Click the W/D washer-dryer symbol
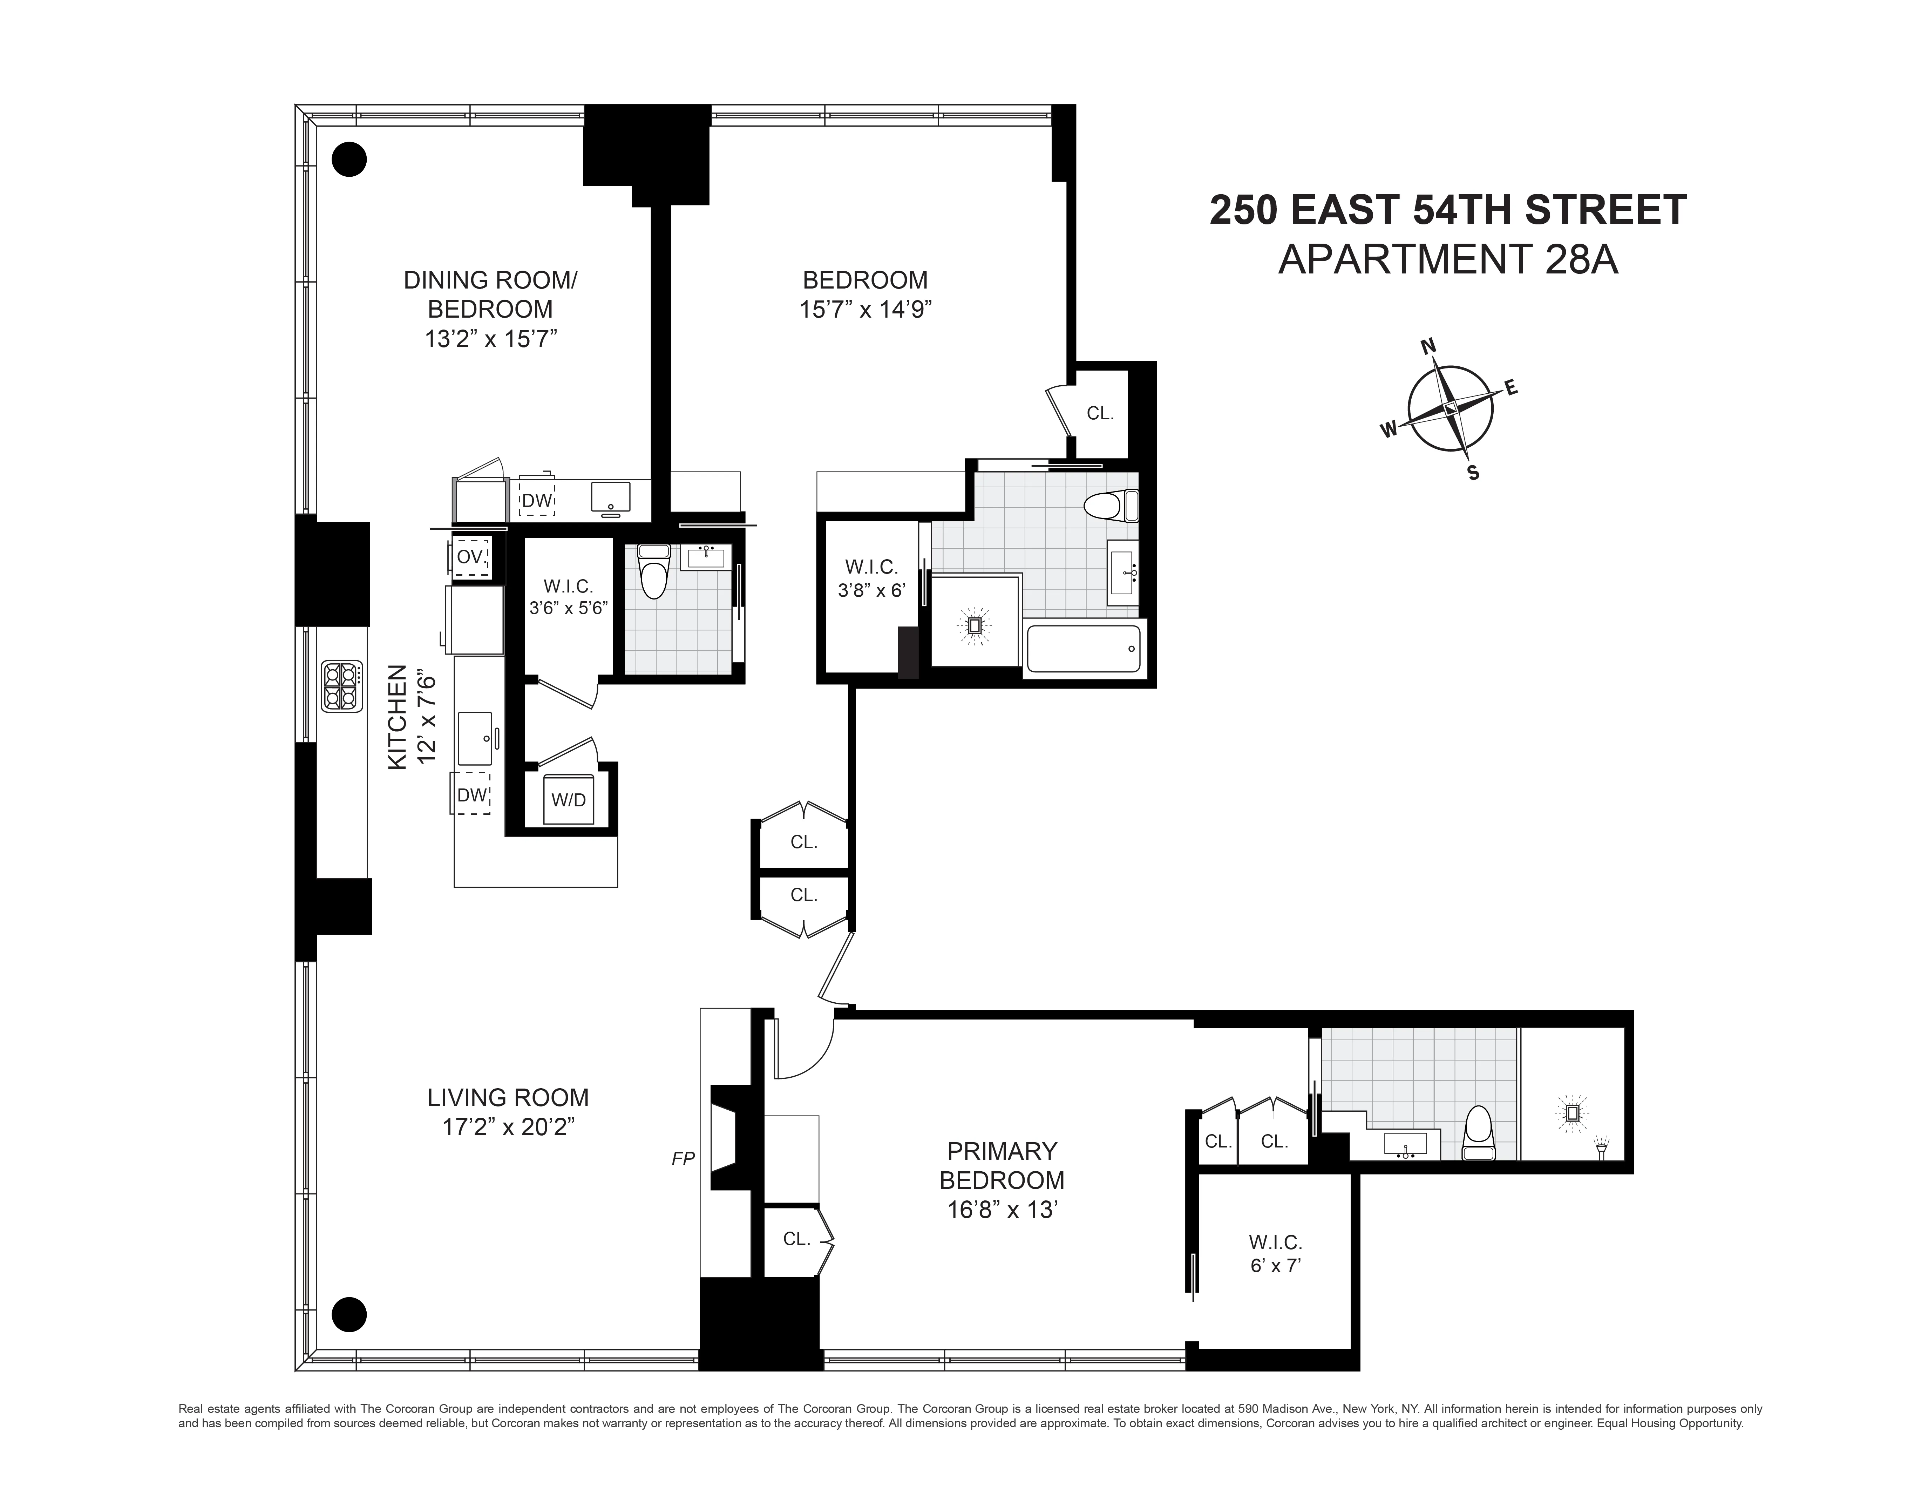point(569,800)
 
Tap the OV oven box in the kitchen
point(470,557)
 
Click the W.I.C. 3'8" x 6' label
point(871,578)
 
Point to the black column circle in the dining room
point(349,160)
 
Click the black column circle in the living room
point(349,1313)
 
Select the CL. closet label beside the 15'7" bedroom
point(1100,413)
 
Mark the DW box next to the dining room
point(536,501)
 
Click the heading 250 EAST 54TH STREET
point(1448,210)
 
